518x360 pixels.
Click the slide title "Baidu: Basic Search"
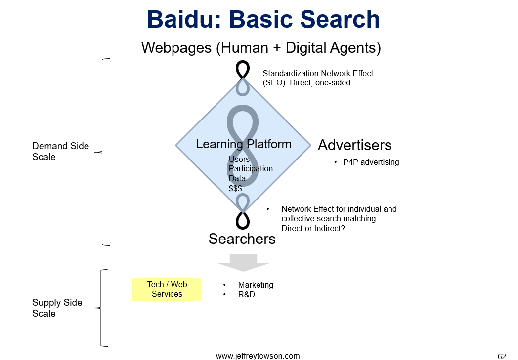pyautogui.click(x=263, y=19)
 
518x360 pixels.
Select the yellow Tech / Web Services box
pyautogui.click(x=167, y=289)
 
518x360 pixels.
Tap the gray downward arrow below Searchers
pyautogui.click(x=244, y=263)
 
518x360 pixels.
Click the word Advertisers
pyautogui.click(x=354, y=145)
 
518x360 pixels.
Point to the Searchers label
pyautogui.click(x=242, y=239)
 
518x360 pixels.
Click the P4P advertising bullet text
pyautogui.click(x=371, y=162)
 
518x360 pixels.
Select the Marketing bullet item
pyautogui.click(x=256, y=285)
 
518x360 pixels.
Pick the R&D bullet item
pyautogui.click(x=247, y=294)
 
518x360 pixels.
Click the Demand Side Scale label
pyautogui.click(x=60, y=151)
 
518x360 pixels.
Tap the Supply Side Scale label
pyautogui.click(x=57, y=308)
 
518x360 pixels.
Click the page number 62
pyautogui.click(x=502, y=357)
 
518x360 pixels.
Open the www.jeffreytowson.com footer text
pyautogui.click(x=258, y=356)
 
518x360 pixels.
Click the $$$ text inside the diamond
pyautogui.click(x=235, y=189)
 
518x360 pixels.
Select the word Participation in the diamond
pyautogui.click(x=251, y=168)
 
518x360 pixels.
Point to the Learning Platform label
pyautogui.click(x=244, y=144)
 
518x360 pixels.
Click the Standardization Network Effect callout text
pyautogui.click(x=318, y=78)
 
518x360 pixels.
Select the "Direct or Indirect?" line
pyautogui.click(x=313, y=228)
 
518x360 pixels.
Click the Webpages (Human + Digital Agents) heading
pyautogui.click(x=261, y=48)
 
